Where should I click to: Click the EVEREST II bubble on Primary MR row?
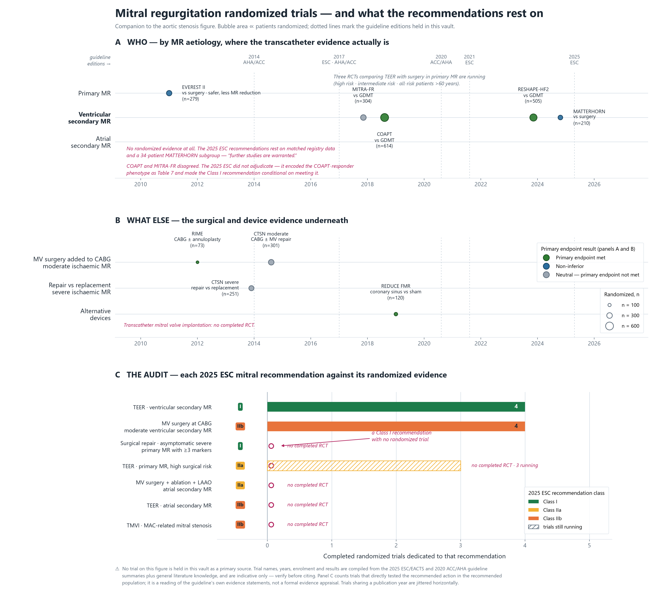click(169, 93)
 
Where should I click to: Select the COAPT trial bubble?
click(384, 117)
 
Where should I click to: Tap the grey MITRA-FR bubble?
click(363, 117)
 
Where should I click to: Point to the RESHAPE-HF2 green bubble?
click(533, 117)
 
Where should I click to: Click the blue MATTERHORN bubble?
click(560, 117)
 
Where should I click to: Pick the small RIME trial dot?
click(197, 262)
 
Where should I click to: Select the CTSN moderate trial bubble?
click(271, 262)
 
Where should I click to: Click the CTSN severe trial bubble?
click(251, 288)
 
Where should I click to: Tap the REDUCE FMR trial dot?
click(396, 314)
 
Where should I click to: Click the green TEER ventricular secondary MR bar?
click(396, 407)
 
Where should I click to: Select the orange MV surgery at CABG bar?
click(396, 426)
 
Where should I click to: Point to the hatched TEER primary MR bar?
click(364, 465)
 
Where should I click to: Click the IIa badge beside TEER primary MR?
click(240, 465)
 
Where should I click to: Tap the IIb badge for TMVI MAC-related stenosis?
click(240, 525)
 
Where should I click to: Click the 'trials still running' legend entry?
click(555, 527)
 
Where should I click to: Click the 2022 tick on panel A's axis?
click(481, 184)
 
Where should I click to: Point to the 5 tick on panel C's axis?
click(589, 545)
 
